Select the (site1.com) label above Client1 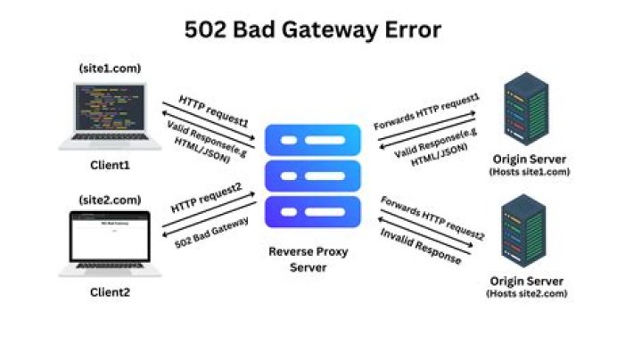[x=110, y=68]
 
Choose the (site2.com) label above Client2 [x=110, y=197]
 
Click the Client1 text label [x=111, y=165]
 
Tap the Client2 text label [x=111, y=292]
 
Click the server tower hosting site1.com [x=525, y=111]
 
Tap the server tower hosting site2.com [x=525, y=235]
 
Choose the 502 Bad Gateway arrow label [x=213, y=233]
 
